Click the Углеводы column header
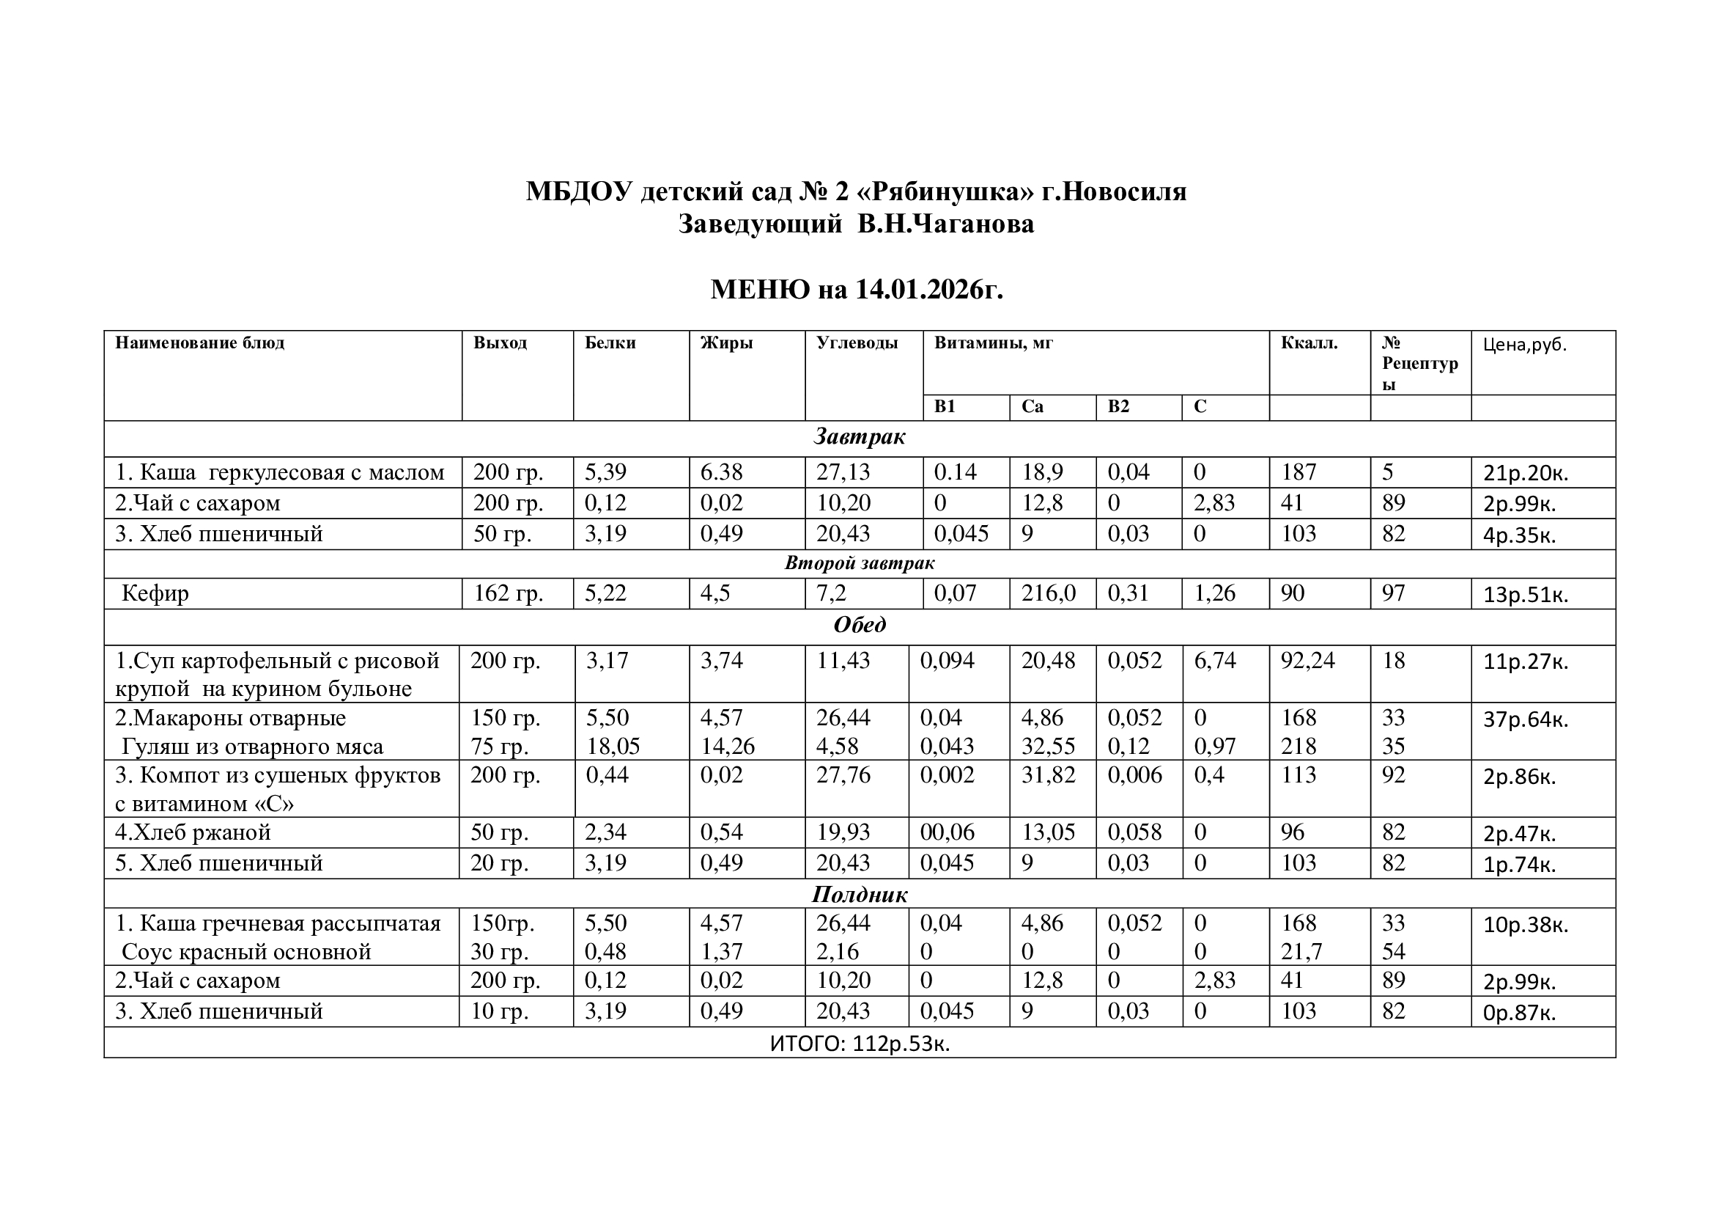point(856,342)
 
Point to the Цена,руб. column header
point(1524,345)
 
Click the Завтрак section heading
point(860,437)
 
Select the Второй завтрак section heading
point(860,563)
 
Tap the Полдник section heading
point(860,894)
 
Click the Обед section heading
point(860,624)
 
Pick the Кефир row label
point(155,593)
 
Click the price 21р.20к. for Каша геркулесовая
point(1525,474)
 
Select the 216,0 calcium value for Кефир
point(1048,593)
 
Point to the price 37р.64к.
point(1525,720)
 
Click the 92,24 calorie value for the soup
point(1307,660)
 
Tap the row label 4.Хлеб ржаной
point(193,832)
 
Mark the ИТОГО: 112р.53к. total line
point(860,1044)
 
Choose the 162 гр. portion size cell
point(509,593)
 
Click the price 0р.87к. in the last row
point(1519,1013)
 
